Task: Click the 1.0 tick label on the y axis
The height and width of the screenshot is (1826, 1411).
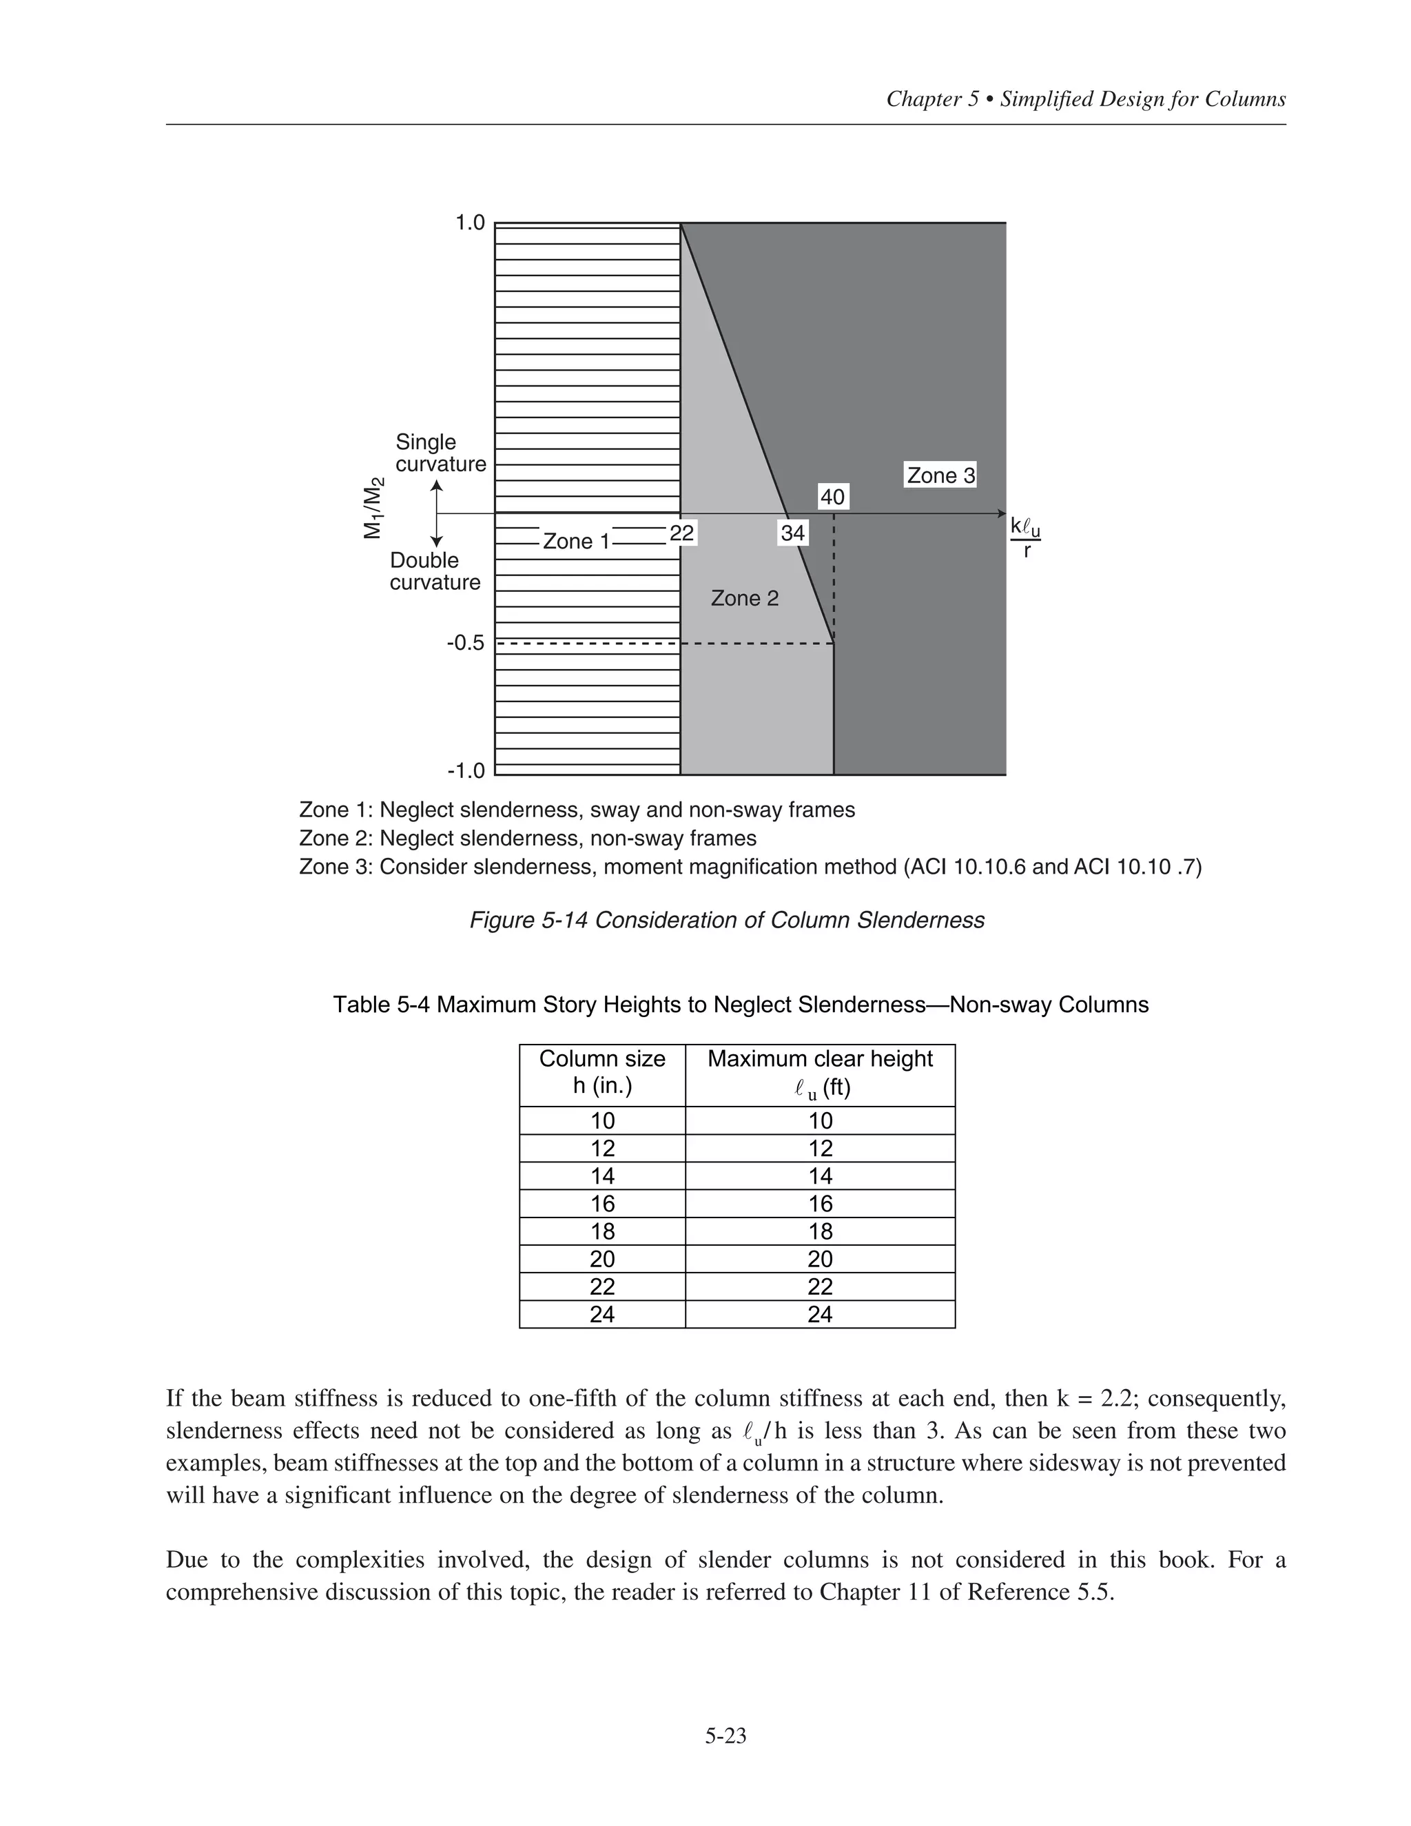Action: pos(470,223)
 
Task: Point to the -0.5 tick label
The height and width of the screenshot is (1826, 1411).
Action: pos(466,643)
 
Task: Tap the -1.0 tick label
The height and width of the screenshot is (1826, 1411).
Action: pos(466,770)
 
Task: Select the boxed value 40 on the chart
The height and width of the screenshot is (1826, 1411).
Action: pos(832,497)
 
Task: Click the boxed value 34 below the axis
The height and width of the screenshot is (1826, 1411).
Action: pos(792,533)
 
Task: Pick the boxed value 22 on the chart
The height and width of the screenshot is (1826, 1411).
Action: pos(682,533)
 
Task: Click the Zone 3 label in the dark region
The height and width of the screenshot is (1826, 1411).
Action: pos(940,475)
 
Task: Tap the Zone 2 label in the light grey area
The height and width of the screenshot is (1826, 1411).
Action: pos(745,599)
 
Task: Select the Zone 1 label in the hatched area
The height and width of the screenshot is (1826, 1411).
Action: pos(577,542)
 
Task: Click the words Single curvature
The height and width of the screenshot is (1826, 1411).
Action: pos(440,453)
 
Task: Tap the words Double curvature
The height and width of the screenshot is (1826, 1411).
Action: pos(435,571)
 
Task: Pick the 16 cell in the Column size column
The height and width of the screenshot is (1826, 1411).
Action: pos(602,1203)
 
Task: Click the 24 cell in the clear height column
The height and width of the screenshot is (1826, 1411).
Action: pos(820,1314)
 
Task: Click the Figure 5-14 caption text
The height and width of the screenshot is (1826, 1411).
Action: pos(726,921)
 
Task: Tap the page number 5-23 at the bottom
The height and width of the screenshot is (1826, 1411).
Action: pos(725,1736)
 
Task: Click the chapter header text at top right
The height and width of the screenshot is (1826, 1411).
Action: pos(1086,99)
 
